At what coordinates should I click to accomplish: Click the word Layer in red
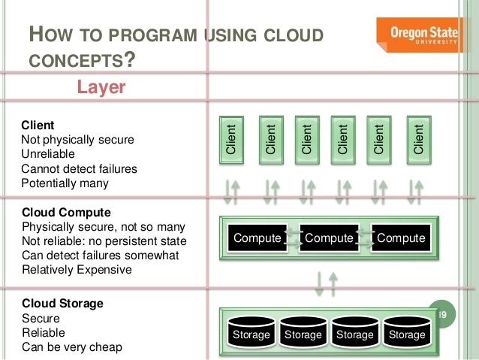[101, 89]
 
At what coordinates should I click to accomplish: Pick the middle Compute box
[329, 238]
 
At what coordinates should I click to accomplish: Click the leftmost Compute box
[258, 238]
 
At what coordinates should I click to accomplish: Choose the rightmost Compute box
[401, 238]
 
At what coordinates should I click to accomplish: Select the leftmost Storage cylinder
[251, 332]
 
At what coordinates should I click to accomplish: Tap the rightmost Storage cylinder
[408, 332]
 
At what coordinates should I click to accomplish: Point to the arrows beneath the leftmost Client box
[232, 192]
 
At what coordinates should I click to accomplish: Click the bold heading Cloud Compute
[67, 213]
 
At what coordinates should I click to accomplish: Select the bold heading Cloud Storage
[63, 304]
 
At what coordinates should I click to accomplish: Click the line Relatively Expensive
[77, 269]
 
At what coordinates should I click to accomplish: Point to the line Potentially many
[65, 183]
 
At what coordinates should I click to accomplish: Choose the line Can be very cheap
[71, 346]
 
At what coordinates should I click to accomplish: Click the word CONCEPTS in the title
[72, 59]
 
